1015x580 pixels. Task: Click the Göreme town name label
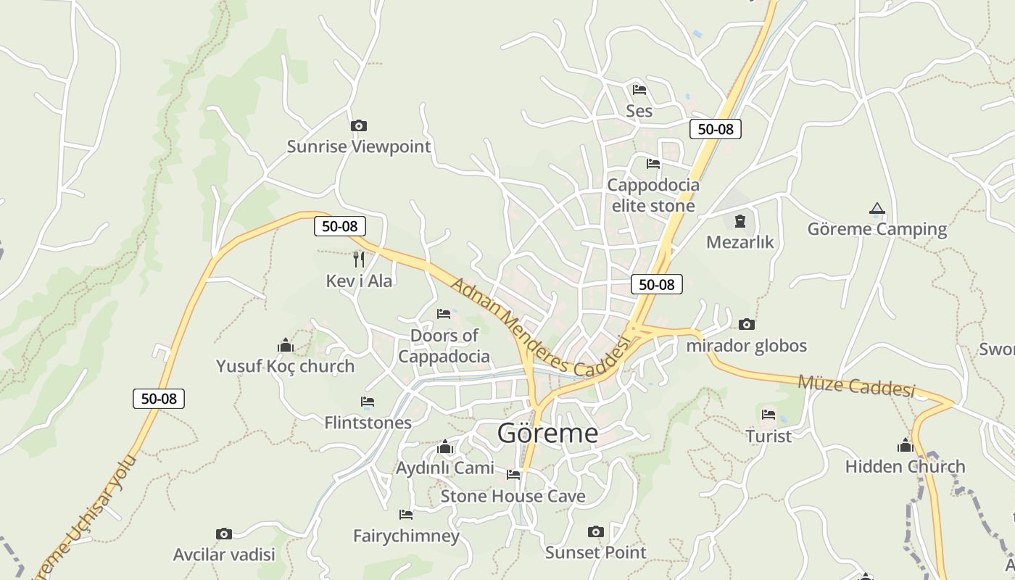tap(548, 433)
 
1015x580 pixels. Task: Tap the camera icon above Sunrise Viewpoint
tap(358, 126)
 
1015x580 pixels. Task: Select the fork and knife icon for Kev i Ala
tap(358, 259)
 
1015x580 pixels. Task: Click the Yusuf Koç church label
tap(286, 366)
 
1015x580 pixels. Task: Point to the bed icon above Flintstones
tap(368, 402)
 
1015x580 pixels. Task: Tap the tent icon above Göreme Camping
tap(877, 209)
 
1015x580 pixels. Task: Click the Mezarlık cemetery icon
tap(739, 221)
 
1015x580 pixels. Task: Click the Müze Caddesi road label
tap(856, 386)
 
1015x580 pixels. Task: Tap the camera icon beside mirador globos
tap(747, 324)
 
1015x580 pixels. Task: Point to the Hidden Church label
tap(905, 466)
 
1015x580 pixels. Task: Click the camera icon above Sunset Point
tap(596, 531)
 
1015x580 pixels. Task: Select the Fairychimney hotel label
tap(406, 536)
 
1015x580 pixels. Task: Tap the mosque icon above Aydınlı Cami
tap(445, 447)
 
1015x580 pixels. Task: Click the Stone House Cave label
tap(513, 496)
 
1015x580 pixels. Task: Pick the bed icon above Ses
tap(639, 90)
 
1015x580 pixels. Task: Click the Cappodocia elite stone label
tap(653, 195)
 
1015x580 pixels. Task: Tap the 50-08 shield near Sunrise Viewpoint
tap(339, 226)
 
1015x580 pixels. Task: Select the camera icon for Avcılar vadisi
tap(224, 534)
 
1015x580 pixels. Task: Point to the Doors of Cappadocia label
tap(444, 346)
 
